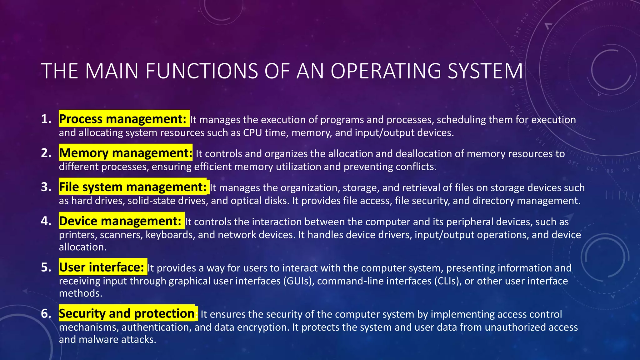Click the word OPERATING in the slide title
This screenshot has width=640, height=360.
point(386,71)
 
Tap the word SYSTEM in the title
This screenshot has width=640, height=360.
point(485,71)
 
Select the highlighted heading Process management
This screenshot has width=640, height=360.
point(122,119)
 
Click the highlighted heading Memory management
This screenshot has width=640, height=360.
point(126,153)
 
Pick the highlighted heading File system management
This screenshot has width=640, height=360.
point(132,187)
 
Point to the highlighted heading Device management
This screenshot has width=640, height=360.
point(120,221)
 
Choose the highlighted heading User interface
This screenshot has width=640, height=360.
point(102,267)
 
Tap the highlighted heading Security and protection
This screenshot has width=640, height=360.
point(127,313)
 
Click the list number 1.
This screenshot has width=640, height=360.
point(46,119)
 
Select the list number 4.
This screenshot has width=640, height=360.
point(46,221)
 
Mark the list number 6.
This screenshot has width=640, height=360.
point(46,313)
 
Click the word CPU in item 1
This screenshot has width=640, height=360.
point(252,133)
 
